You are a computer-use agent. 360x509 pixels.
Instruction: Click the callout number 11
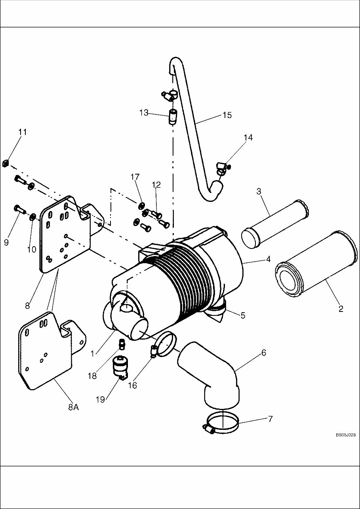click(x=23, y=132)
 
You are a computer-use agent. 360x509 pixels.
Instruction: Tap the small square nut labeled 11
click(x=6, y=163)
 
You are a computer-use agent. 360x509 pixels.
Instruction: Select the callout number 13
click(x=143, y=113)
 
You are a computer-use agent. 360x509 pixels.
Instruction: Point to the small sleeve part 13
click(x=173, y=118)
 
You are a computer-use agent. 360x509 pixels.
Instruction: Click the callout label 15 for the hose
click(x=227, y=115)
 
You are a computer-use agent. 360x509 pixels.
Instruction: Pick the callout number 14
click(x=248, y=138)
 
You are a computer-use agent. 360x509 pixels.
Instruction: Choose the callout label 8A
click(x=73, y=407)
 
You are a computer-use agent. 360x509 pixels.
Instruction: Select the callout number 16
click(x=132, y=385)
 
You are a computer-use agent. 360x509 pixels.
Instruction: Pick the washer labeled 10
click(x=33, y=216)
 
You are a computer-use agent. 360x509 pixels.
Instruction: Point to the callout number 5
click(x=242, y=315)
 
